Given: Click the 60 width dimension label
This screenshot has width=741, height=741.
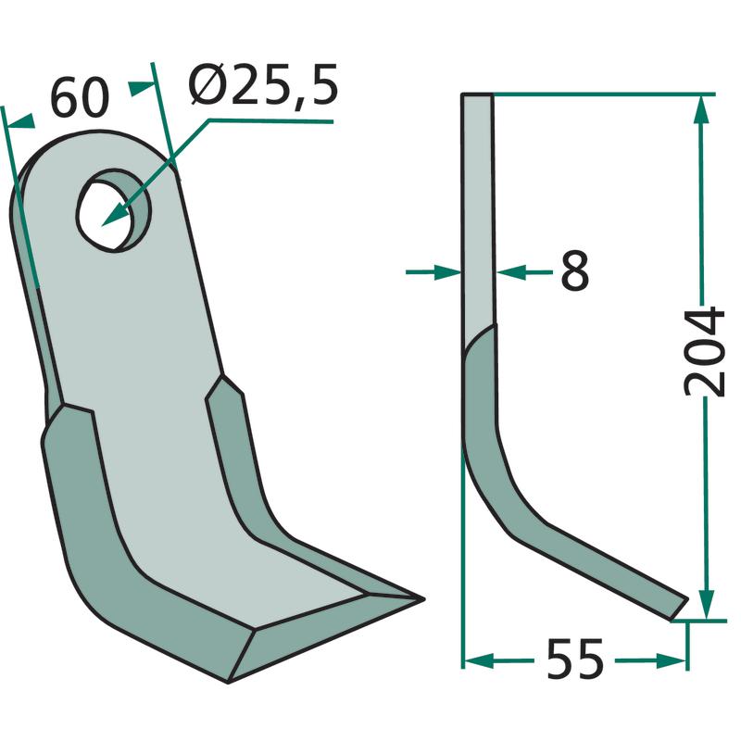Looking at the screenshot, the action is pos(80,98).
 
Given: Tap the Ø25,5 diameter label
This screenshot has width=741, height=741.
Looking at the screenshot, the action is pos(263,85).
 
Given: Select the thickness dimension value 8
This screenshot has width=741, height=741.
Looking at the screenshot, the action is pos(574,270).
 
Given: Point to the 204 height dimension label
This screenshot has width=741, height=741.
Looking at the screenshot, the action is pos(704,352).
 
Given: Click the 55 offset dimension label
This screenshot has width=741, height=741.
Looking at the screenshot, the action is pos(575,659).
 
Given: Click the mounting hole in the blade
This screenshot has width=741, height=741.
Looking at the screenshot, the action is pos(113,210).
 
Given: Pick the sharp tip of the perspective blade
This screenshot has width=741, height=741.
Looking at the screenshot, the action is pos(422,599).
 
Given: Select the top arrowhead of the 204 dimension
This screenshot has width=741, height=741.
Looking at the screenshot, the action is pos(702,109).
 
